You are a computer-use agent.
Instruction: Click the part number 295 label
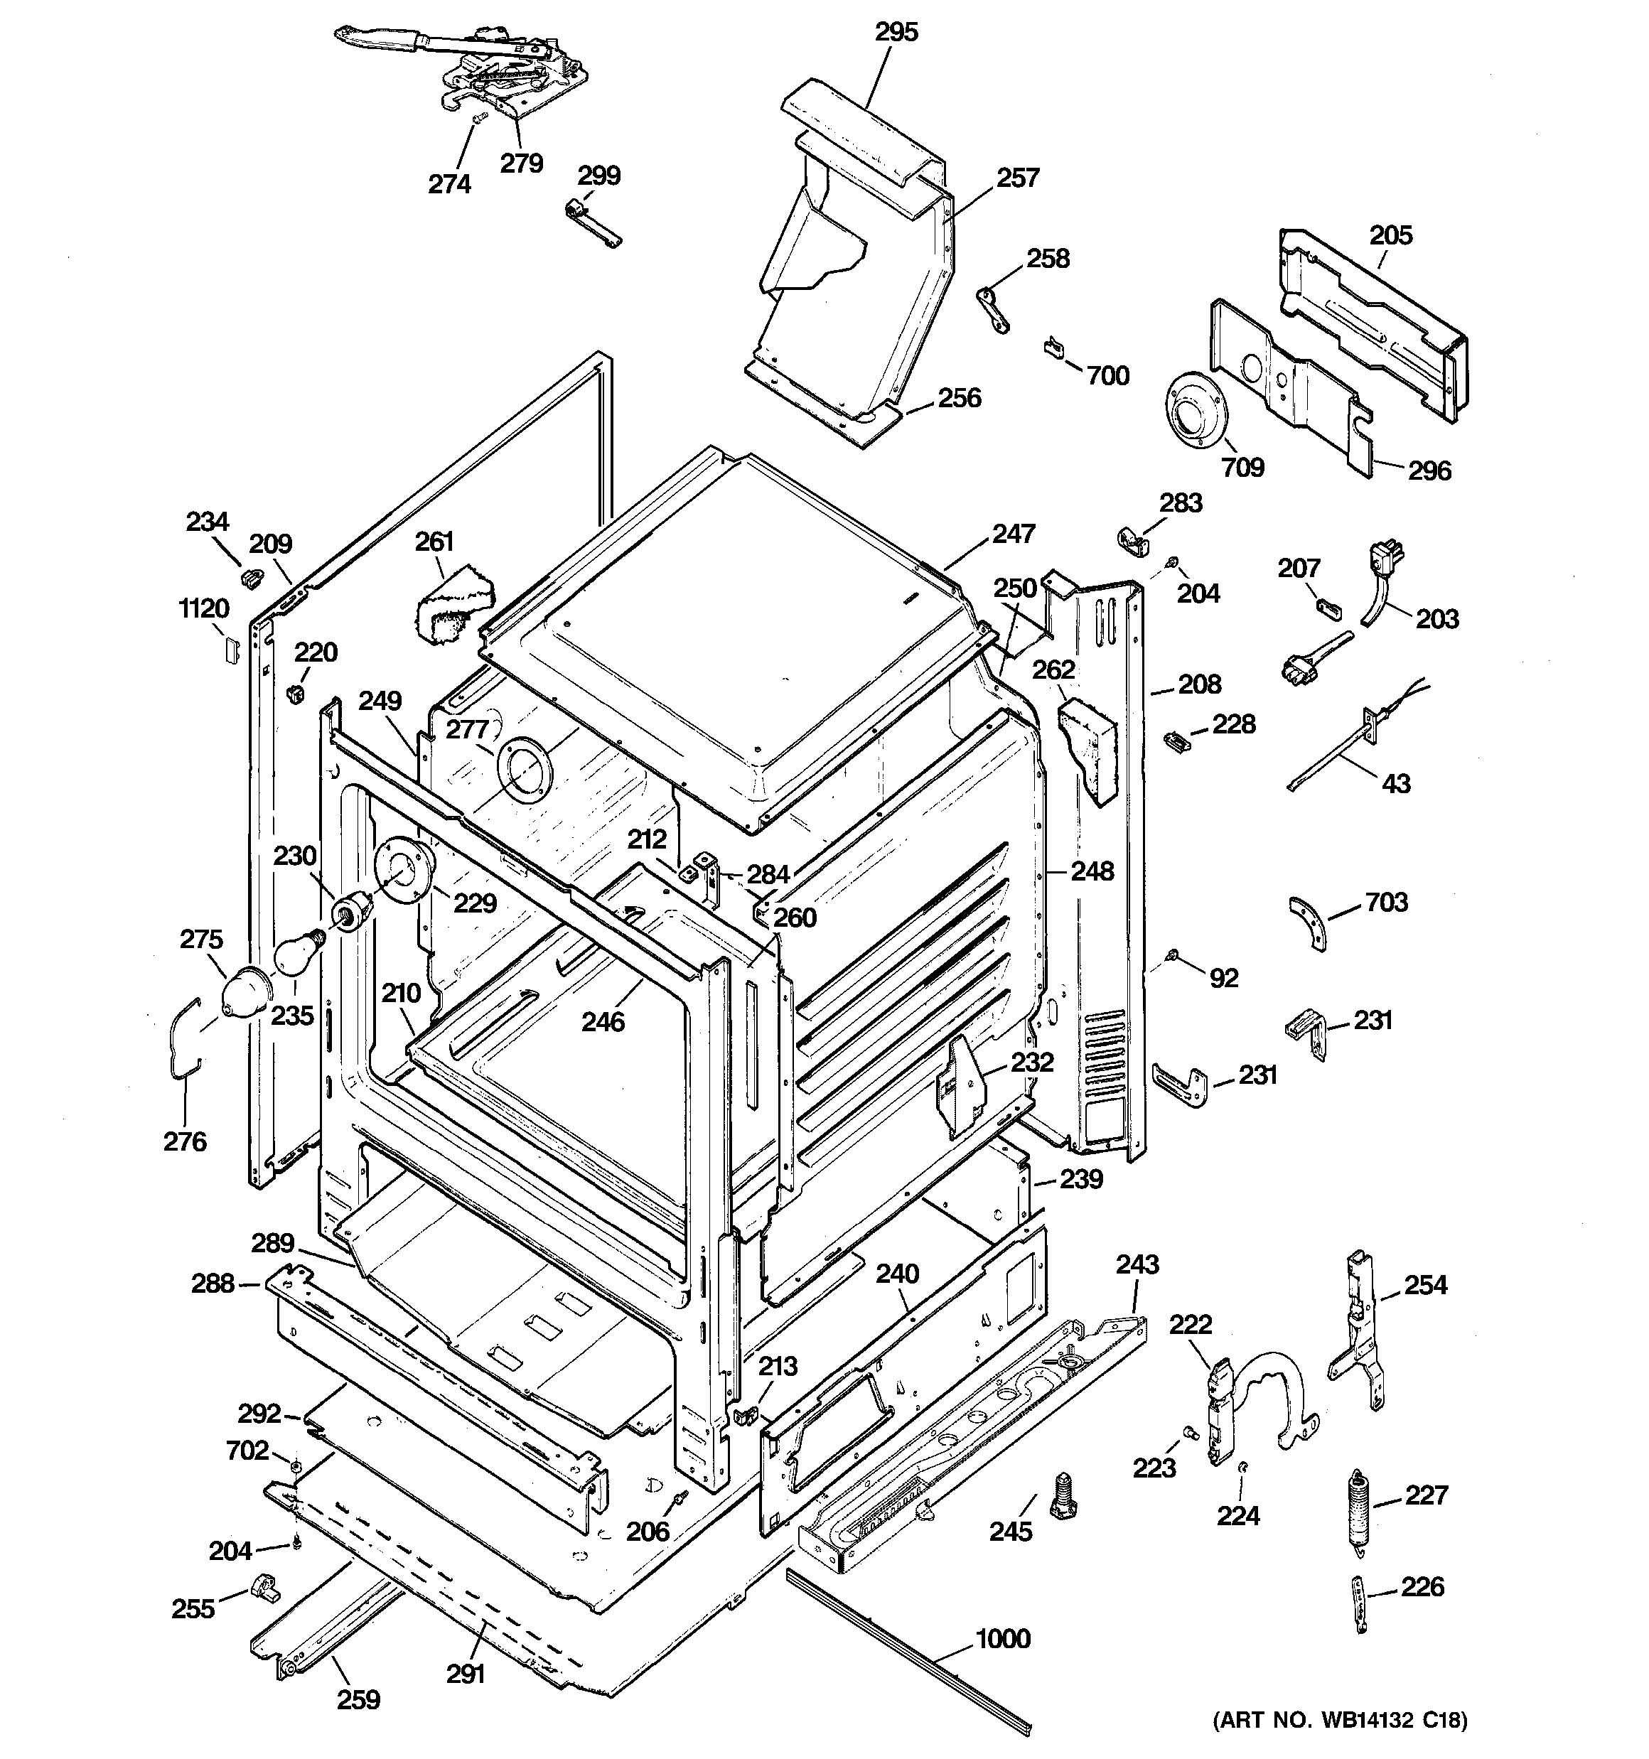pos(896,32)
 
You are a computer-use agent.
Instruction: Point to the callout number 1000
pos(1003,1639)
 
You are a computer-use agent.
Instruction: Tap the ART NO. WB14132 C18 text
pos(1339,1719)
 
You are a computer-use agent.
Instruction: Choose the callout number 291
pos(466,1673)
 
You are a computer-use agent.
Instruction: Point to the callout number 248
pos(1092,871)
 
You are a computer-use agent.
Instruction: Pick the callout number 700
pos(1107,375)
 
